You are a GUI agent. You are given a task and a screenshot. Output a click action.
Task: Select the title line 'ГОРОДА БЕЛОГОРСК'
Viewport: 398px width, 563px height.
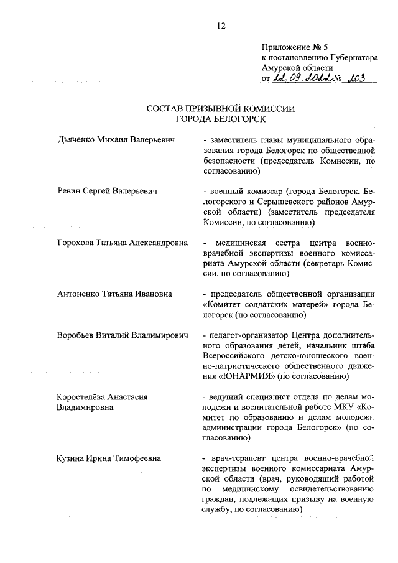220,119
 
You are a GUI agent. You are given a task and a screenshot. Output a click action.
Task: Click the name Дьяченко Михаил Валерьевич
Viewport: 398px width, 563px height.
114,140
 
